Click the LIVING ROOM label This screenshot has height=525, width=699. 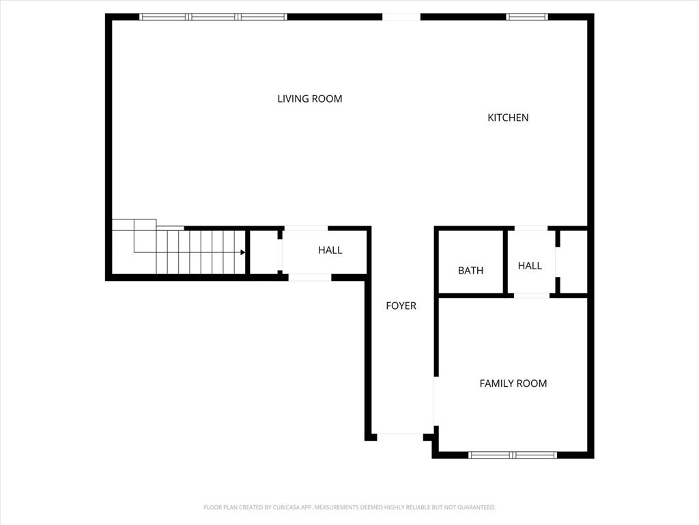click(310, 98)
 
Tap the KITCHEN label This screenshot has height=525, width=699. click(508, 118)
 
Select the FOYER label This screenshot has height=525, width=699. click(401, 306)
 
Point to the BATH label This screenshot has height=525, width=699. click(470, 271)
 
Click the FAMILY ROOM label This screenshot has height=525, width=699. click(513, 383)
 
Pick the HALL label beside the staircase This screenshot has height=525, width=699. click(330, 250)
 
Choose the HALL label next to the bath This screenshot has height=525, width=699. click(530, 266)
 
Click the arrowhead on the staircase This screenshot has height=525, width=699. click(242, 253)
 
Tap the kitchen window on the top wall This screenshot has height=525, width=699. click(527, 17)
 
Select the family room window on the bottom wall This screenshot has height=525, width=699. click(513, 455)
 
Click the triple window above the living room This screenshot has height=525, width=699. click(213, 17)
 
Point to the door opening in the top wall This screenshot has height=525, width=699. click(401, 17)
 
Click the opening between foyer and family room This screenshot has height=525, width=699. click(436, 401)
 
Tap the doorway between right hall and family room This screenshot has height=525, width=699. click(532, 295)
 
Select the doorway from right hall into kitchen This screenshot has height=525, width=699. click(531, 228)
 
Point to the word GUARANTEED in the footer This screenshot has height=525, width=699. click(476, 508)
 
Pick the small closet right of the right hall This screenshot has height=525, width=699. click(573, 262)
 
